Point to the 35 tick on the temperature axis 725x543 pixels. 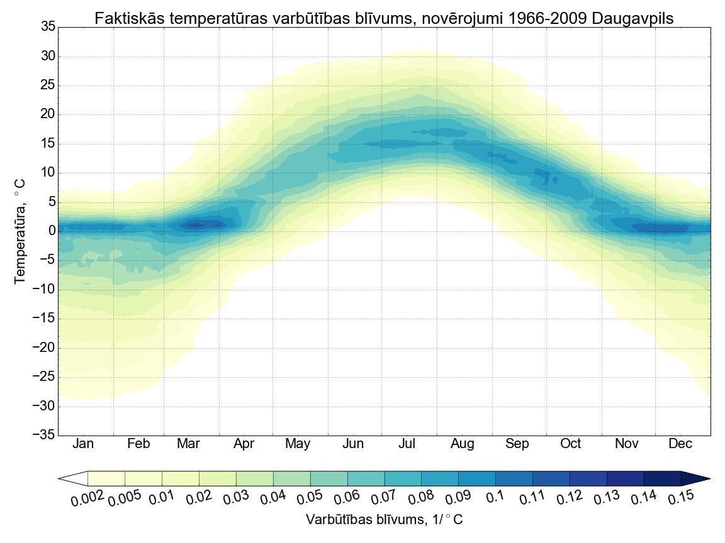pyautogui.click(x=47, y=26)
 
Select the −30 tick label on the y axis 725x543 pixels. pyautogui.click(x=44, y=407)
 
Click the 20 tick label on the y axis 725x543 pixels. pyautogui.click(x=47, y=114)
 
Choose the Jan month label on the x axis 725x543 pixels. pyautogui.click(x=83, y=444)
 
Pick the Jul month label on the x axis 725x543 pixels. pyautogui.click(x=407, y=444)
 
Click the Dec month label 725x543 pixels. pyautogui.click(x=680, y=444)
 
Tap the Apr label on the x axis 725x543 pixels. pyautogui.click(x=244, y=444)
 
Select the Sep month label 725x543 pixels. pyautogui.click(x=517, y=444)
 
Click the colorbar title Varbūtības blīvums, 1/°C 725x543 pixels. pyautogui.click(x=384, y=520)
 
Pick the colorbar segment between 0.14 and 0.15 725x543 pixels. pyautogui.click(x=662, y=478)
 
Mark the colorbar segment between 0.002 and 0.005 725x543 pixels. pyautogui.click(x=106, y=478)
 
